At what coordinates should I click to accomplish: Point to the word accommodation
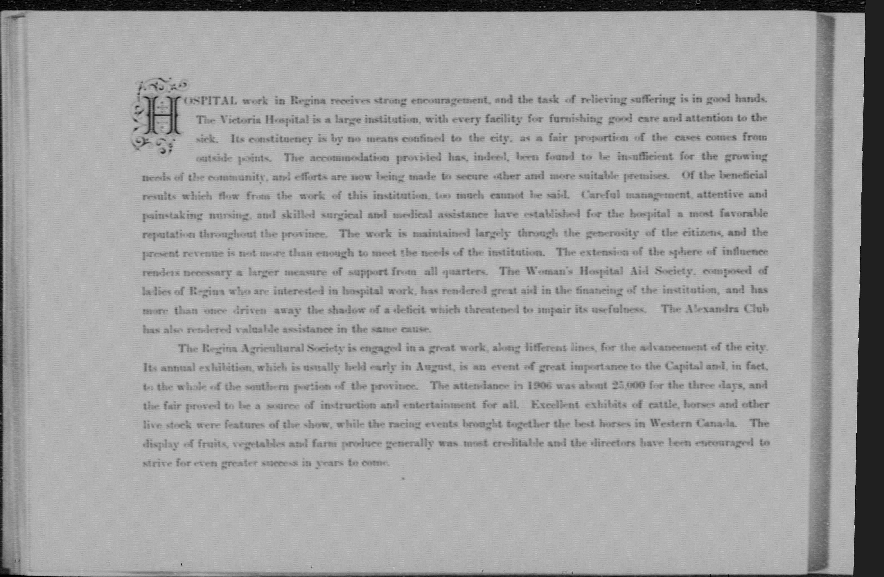(350, 158)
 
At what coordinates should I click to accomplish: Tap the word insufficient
(645, 157)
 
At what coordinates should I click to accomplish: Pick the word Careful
(601, 195)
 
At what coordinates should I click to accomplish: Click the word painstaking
(172, 216)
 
